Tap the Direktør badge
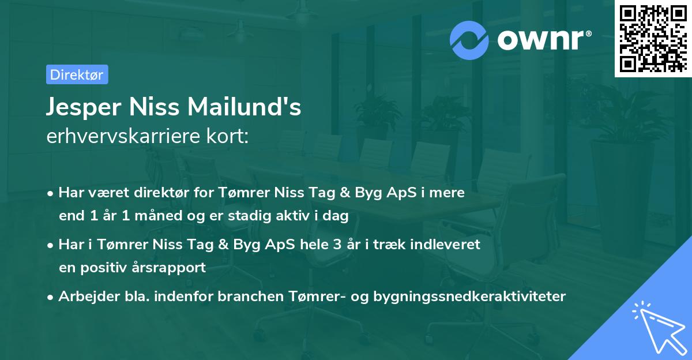click(77, 74)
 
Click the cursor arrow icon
click(659, 327)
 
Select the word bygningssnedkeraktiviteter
click(470, 297)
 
